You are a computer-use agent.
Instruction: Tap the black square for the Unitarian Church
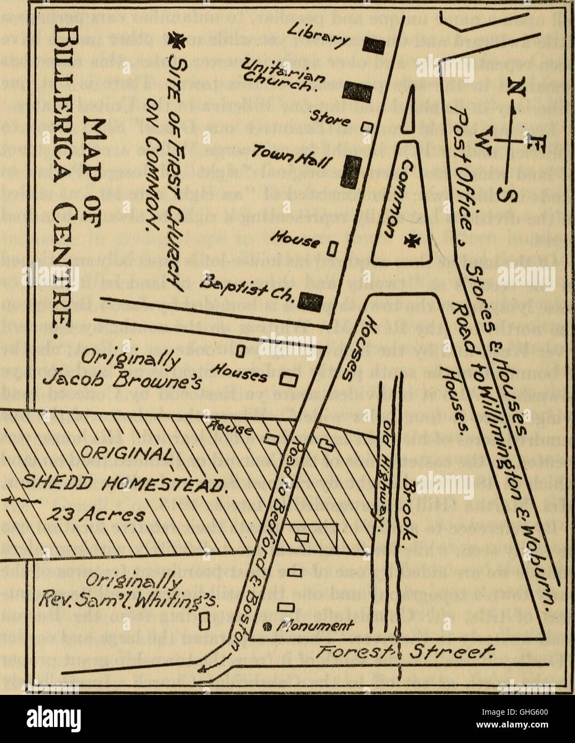352,91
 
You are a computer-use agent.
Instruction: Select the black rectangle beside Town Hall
350,171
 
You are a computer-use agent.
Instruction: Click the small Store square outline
367,127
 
